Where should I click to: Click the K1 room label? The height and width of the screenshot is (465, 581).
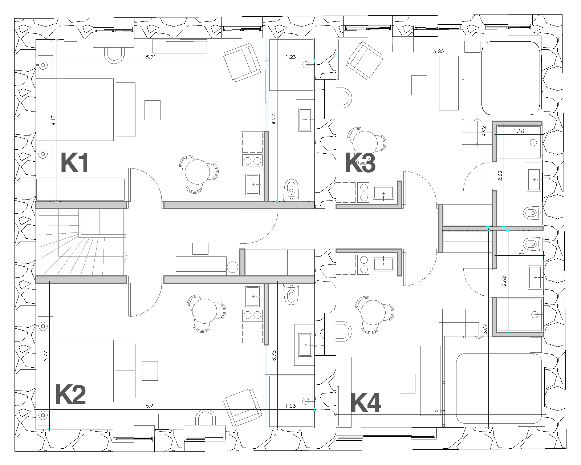75,163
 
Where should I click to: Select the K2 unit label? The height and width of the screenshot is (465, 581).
70,395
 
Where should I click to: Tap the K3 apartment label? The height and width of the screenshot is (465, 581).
361,163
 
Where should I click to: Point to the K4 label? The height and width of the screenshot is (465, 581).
366,403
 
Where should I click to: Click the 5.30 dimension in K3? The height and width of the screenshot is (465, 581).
438,51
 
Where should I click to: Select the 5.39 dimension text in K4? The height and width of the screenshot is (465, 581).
440,411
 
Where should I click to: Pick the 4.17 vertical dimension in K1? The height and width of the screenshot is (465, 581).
53,120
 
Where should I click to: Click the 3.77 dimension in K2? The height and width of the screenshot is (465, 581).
46,356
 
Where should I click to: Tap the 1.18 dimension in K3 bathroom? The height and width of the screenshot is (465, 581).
519,131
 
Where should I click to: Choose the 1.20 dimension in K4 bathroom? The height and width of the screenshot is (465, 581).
519,252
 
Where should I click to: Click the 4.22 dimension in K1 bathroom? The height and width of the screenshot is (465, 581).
273,119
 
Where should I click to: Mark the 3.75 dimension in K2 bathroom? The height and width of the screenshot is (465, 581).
274,356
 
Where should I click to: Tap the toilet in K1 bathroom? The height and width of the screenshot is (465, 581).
291,190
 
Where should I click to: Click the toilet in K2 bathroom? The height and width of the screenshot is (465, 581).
291,294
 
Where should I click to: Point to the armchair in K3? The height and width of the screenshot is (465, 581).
364,60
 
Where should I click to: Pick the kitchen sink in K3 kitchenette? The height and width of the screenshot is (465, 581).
383,193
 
